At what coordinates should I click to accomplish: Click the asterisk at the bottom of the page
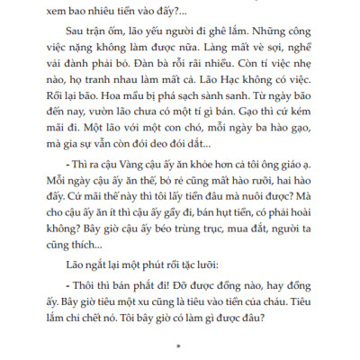pos(179,344)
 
